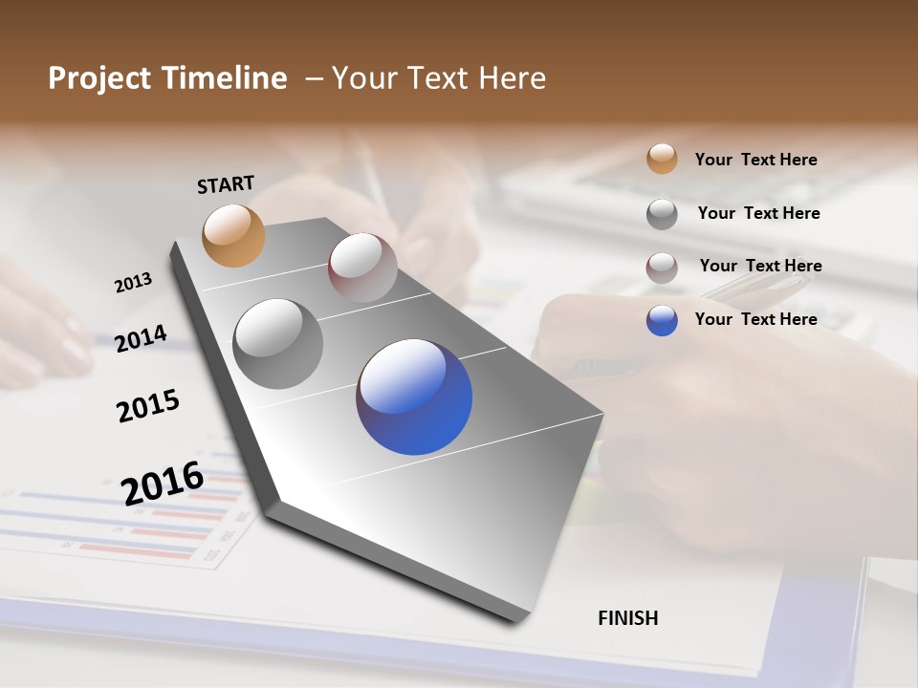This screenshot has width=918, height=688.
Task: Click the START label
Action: click(226, 183)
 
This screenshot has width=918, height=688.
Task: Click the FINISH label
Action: click(627, 618)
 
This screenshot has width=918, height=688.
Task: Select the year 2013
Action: click(133, 283)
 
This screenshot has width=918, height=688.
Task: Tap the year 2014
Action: click(141, 338)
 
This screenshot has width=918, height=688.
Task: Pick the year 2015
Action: click(148, 406)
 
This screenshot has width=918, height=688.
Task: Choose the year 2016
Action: click(163, 483)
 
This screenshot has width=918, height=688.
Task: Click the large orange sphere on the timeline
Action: click(233, 235)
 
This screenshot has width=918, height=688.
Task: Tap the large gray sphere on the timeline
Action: click(278, 344)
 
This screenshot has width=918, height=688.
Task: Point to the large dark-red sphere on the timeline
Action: click(362, 268)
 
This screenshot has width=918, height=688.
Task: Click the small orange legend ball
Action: click(662, 159)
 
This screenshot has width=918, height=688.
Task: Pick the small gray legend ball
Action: click(662, 214)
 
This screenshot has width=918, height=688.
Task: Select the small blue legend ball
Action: click(662, 320)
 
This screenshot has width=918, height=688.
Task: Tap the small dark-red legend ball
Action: click(662, 268)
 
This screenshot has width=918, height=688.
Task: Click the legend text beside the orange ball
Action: click(755, 160)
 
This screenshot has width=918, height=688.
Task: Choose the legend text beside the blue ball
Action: click(755, 319)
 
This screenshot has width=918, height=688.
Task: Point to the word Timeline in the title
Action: click(225, 78)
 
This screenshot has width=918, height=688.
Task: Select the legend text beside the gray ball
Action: click(758, 213)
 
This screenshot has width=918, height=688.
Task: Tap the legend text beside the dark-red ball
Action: click(760, 266)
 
